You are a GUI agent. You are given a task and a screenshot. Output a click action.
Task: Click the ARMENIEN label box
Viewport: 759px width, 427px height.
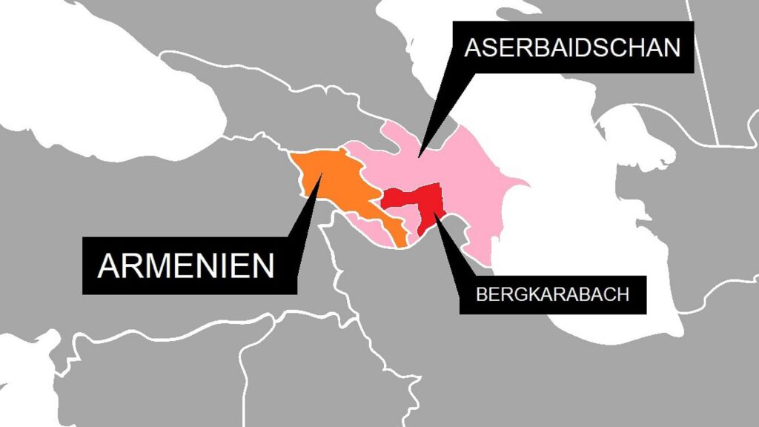point(185,265)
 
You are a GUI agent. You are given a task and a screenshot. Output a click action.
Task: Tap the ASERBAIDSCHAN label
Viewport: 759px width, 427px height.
point(571,47)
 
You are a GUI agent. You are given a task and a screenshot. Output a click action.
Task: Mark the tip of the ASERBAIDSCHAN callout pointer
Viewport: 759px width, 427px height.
point(419,156)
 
